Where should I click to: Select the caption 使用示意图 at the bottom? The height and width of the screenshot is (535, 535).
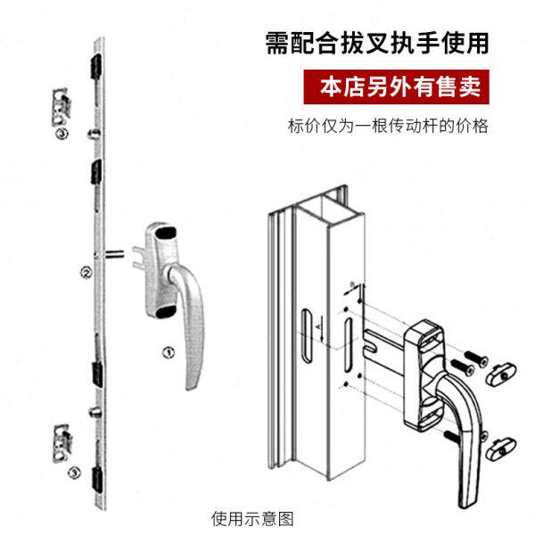[x=252, y=517]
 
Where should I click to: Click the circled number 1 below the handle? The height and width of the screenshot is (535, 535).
[x=166, y=351]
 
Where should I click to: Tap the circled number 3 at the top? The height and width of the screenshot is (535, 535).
[x=61, y=134]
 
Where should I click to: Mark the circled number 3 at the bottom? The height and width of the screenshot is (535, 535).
[x=74, y=471]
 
